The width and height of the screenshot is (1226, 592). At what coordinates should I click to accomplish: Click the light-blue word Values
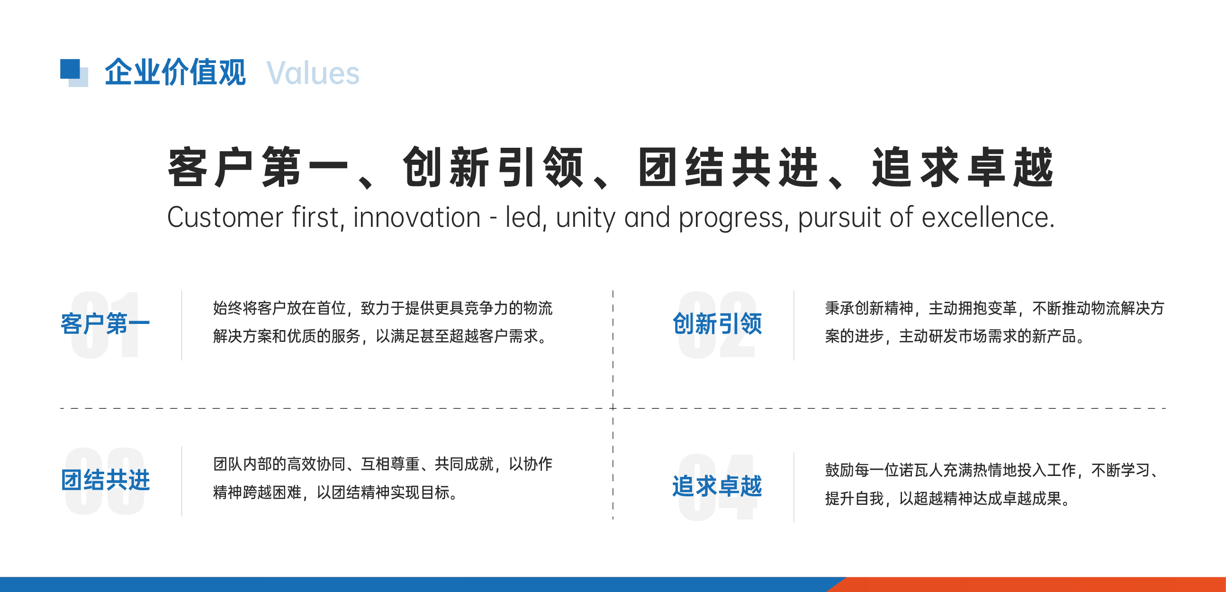(313, 73)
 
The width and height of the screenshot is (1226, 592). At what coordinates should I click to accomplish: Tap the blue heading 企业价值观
(175, 72)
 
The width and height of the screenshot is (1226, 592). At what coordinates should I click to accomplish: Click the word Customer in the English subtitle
(225, 217)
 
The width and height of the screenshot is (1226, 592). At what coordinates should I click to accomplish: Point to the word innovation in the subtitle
(416, 217)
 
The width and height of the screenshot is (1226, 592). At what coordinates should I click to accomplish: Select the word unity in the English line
(586, 217)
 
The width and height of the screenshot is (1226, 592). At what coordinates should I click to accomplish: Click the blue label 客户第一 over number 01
(105, 324)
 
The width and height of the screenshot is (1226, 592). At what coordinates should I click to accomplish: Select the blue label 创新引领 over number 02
(717, 324)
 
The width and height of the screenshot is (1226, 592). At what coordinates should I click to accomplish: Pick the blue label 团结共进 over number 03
(105, 480)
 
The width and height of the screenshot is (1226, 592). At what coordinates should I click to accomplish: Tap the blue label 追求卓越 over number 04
(717, 486)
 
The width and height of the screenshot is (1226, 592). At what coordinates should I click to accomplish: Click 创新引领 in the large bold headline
(493, 167)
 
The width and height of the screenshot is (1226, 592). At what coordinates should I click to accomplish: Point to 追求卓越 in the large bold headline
(962, 167)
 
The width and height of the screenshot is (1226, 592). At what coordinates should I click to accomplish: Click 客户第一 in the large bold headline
(258, 167)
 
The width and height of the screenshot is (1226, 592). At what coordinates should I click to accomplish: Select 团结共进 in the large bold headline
(728, 167)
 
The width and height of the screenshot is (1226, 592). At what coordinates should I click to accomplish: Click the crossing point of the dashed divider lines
(613, 408)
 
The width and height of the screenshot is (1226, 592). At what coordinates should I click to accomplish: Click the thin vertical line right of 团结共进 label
(181, 481)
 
